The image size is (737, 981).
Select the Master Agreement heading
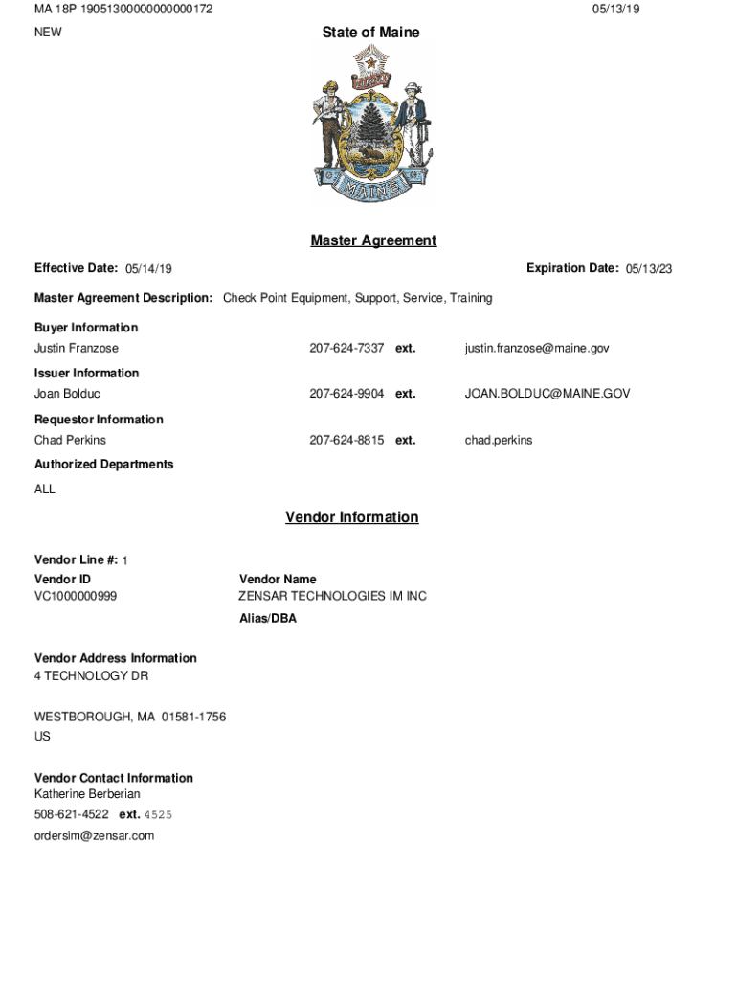point(373,240)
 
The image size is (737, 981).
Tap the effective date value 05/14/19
point(148,269)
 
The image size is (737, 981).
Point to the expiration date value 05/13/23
point(649,269)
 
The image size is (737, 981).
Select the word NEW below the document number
point(48,33)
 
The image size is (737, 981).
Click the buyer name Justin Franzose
point(77,349)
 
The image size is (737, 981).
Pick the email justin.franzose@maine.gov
point(537,349)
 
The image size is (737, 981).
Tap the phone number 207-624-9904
point(346,394)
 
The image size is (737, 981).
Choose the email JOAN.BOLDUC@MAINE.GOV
point(547,394)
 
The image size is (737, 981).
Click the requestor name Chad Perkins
point(70,441)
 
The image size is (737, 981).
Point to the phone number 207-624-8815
point(346,441)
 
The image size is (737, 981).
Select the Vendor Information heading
point(351,517)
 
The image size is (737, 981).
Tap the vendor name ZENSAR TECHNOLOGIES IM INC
point(332,597)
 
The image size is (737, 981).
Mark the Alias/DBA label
point(268,619)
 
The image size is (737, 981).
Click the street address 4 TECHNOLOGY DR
point(91,676)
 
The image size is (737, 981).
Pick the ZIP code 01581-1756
point(193,718)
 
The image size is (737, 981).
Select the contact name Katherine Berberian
point(87,794)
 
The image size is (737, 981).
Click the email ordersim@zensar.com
point(94,836)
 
